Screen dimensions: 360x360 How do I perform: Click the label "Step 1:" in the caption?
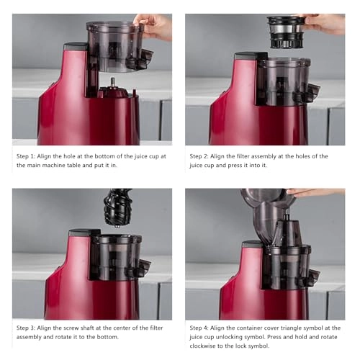(x=26, y=156)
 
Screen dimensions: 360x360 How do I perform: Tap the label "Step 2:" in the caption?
(x=199, y=156)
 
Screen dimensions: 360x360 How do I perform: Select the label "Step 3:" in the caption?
(x=26, y=328)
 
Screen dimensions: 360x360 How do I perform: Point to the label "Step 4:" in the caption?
(x=199, y=328)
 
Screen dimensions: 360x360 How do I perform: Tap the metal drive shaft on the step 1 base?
(x=112, y=84)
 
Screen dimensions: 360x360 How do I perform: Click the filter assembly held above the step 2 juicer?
(x=286, y=32)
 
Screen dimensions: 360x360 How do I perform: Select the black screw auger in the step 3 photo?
(x=117, y=207)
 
